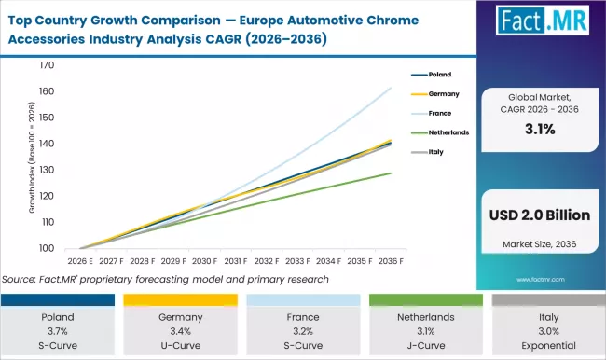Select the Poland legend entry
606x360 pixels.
click(440, 74)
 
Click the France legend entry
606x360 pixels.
click(439, 113)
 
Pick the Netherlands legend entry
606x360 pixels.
click(448, 132)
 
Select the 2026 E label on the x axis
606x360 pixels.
click(80, 261)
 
